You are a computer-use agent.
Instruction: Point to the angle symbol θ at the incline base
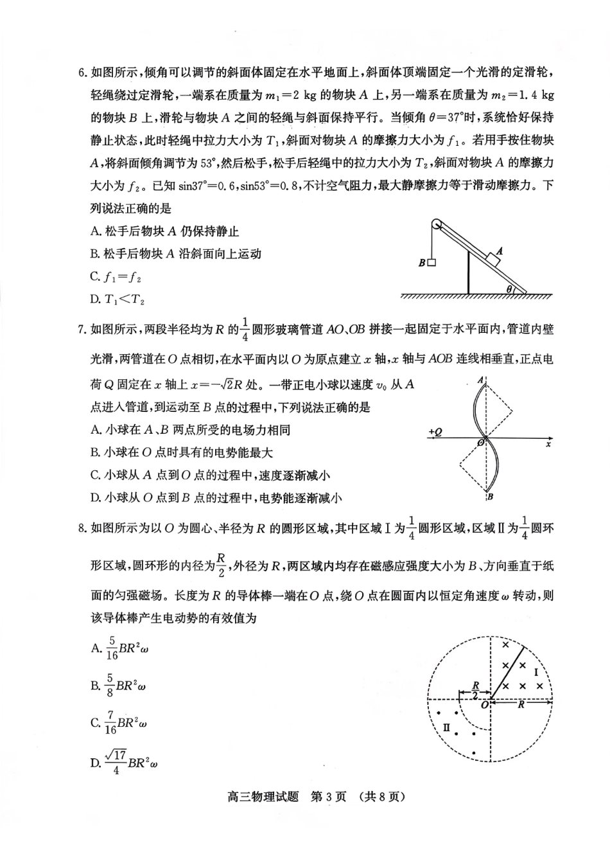click(x=509, y=289)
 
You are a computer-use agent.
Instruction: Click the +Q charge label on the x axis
click(x=435, y=432)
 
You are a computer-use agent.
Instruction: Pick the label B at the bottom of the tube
click(x=489, y=496)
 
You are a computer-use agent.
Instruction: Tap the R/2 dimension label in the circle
click(x=475, y=690)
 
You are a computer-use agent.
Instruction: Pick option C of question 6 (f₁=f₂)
click(x=116, y=277)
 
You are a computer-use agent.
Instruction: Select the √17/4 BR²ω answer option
click(x=125, y=762)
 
